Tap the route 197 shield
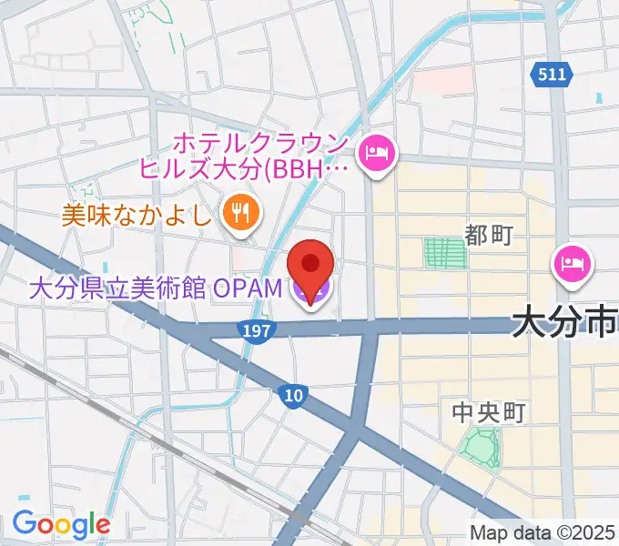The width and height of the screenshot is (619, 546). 258,331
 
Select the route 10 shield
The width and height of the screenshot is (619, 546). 292,394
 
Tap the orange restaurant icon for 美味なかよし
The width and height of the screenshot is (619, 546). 240,215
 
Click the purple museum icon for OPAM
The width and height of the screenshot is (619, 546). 310,291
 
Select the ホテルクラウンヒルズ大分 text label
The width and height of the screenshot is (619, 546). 246,156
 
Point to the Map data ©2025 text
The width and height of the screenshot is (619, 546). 543,532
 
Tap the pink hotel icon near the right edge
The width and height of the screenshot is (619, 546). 573,264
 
